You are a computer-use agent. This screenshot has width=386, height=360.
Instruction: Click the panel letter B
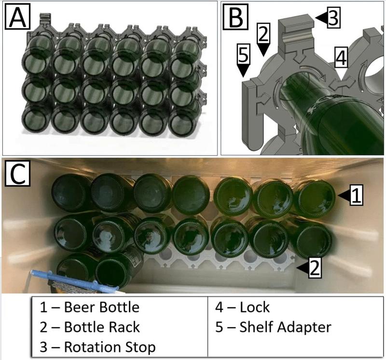tap(235, 18)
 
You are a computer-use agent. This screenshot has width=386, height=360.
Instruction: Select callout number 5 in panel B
tap(244, 55)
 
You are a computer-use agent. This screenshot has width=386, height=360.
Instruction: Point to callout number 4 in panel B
tap(341, 58)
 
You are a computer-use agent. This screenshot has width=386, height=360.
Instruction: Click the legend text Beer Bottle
tap(102, 307)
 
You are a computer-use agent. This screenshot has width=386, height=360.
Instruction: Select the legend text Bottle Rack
tap(102, 327)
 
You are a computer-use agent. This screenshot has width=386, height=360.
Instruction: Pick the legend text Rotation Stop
tap(110, 346)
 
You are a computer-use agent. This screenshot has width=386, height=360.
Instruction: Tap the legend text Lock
tap(255, 307)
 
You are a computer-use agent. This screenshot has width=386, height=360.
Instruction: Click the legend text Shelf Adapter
tap(286, 327)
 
